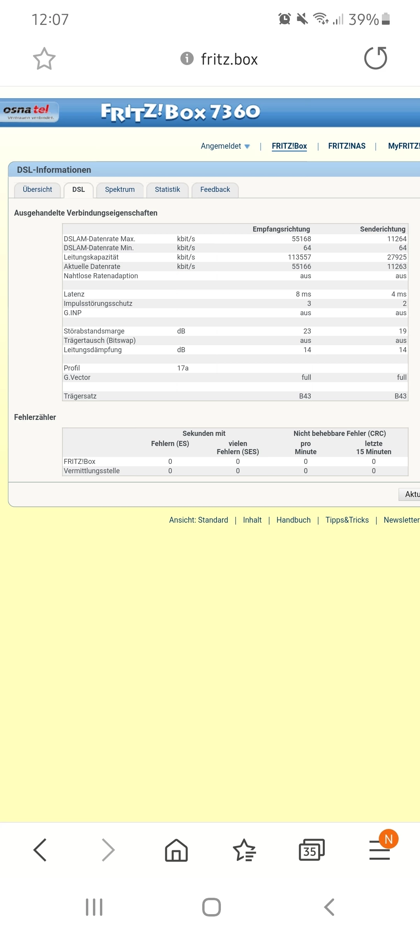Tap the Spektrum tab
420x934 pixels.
[120, 190]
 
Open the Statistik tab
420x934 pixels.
[167, 190]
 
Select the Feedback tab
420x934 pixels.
[215, 190]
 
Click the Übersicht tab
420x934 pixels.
[37, 190]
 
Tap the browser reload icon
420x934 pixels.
[375, 58]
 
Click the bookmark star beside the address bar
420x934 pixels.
[44, 59]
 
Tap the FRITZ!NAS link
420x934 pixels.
[346, 146]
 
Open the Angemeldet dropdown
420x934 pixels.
[225, 146]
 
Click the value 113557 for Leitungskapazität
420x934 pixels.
[299, 257]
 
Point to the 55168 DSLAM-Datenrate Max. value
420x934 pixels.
[301, 239]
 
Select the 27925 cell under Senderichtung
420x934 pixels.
[397, 257]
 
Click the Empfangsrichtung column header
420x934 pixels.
[281, 229]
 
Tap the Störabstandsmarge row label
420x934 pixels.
[94, 331]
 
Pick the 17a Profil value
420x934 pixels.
[183, 368]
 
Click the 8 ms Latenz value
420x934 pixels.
[303, 294]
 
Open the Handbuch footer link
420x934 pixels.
[293, 520]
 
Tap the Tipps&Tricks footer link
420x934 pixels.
[347, 520]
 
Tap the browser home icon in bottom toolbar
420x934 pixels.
[176, 850]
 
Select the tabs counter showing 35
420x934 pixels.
[311, 850]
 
